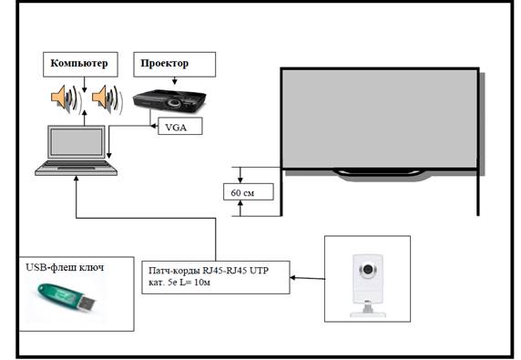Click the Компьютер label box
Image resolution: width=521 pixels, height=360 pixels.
pyautogui.click(x=80, y=65)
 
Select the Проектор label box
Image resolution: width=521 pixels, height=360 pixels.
pyautogui.click(x=175, y=65)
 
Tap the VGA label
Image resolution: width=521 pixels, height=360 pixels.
pyautogui.click(x=180, y=126)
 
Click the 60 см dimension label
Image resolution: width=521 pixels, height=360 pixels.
pyautogui.click(x=249, y=191)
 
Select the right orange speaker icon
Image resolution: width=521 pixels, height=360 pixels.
pyautogui.click(x=107, y=99)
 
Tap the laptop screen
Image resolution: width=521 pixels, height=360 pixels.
pyautogui.click(x=77, y=142)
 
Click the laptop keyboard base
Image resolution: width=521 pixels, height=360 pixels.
pyautogui.click(x=77, y=168)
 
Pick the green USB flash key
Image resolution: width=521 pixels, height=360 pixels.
pyautogui.click(x=66, y=296)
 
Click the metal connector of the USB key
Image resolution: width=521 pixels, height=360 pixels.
pyautogui.click(x=87, y=303)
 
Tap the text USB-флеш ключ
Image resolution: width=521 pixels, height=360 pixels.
pyautogui.click(x=65, y=267)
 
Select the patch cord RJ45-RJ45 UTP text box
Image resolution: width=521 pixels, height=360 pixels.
pyautogui.click(x=216, y=277)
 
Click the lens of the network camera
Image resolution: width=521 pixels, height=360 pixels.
pyautogui.click(x=367, y=269)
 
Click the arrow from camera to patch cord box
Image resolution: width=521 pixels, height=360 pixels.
pyautogui.click(x=307, y=278)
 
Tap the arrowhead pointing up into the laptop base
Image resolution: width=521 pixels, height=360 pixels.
pyautogui.click(x=77, y=179)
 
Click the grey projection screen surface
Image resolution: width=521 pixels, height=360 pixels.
pyautogui.click(x=380, y=118)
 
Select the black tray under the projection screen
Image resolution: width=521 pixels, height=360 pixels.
pyautogui.click(x=380, y=172)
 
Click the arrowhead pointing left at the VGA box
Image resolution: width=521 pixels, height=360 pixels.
pyautogui.click(x=154, y=126)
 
